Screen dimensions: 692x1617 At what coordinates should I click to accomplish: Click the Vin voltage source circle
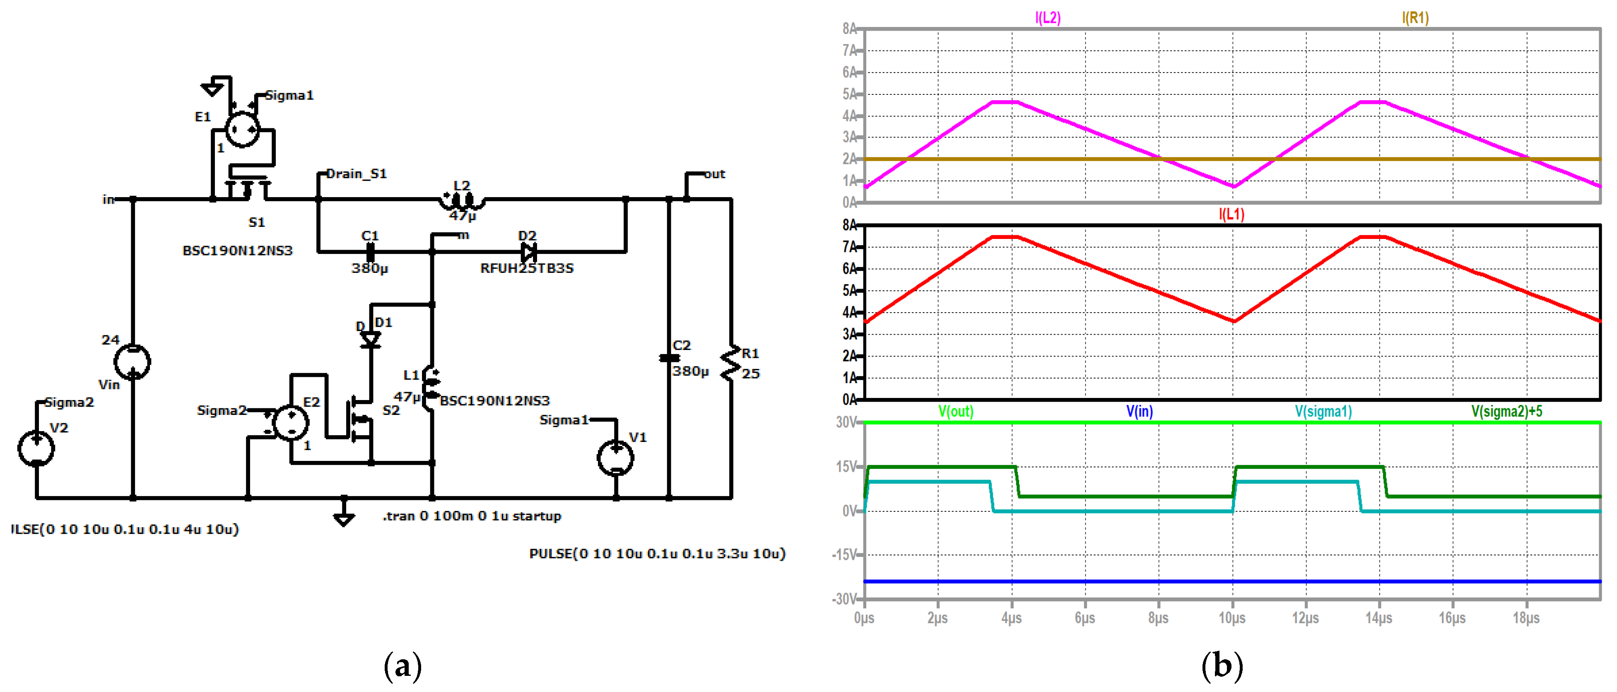pyautogui.click(x=133, y=362)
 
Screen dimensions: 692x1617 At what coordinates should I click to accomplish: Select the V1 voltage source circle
pyautogui.click(x=615, y=458)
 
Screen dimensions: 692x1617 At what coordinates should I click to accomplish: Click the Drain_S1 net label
pyautogui.click(x=356, y=174)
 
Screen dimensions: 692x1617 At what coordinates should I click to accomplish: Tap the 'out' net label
pyautogui.click(x=714, y=174)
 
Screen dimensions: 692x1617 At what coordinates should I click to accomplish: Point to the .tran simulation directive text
pyautogui.click(x=472, y=516)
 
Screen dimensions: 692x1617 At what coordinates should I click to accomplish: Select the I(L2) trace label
pyautogui.click(x=1048, y=17)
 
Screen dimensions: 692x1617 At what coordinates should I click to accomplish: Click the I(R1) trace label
pyautogui.click(x=1415, y=17)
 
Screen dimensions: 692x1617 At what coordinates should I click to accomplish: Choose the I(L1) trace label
pyautogui.click(x=1231, y=214)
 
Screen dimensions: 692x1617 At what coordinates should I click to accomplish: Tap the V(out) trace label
pyautogui.click(x=955, y=411)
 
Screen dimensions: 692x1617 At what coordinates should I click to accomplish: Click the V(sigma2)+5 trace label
pyautogui.click(x=1506, y=411)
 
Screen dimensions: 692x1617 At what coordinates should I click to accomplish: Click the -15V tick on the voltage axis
pyautogui.click(x=844, y=555)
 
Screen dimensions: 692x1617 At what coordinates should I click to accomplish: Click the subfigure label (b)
pyautogui.click(x=1222, y=665)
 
